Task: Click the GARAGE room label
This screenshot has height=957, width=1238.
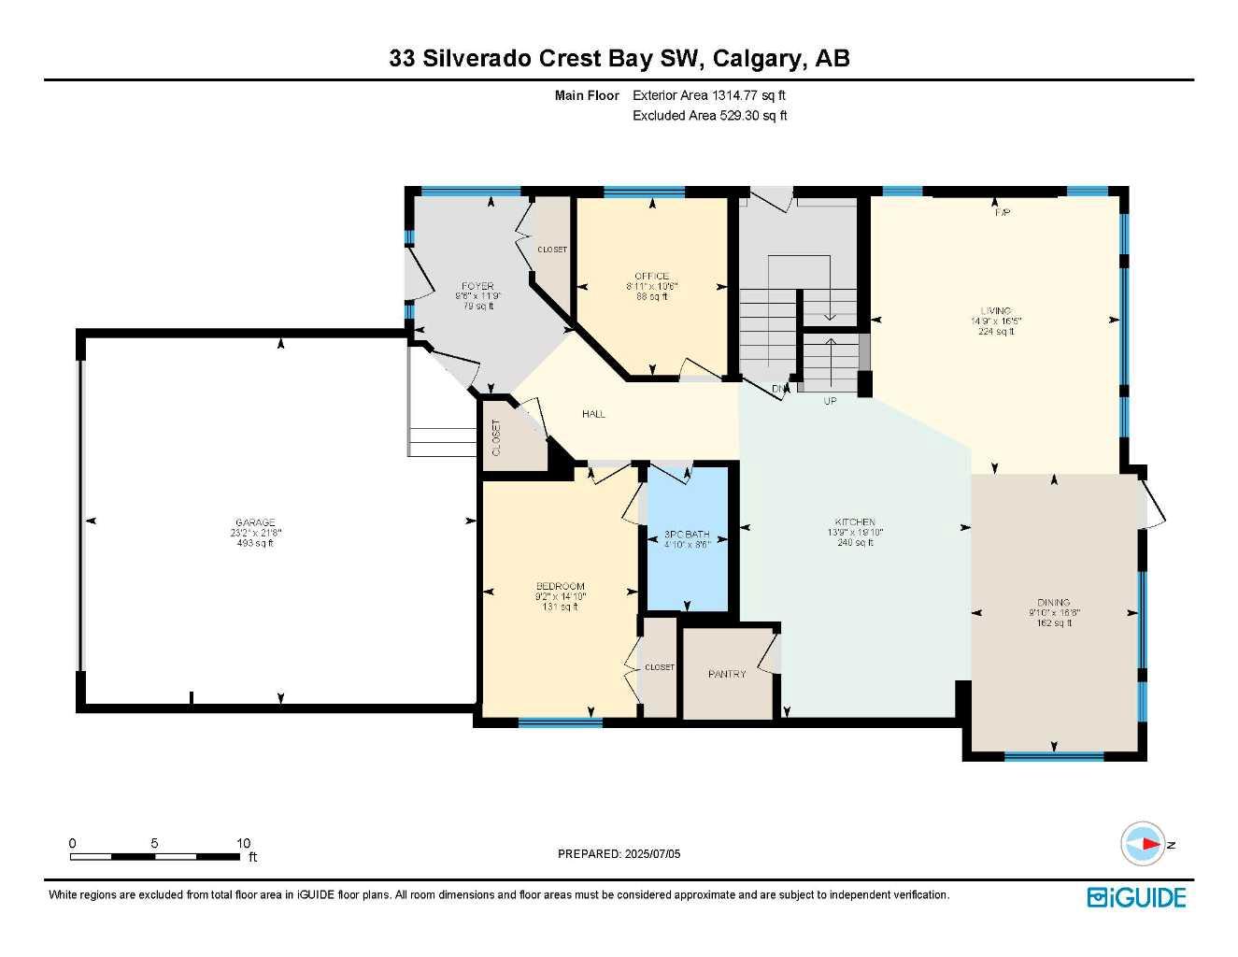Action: [x=255, y=522]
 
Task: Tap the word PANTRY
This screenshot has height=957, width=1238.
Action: [x=727, y=674]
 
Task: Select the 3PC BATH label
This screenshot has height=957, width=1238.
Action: [x=687, y=535]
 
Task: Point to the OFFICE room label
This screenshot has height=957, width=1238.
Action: [x=651, y=277]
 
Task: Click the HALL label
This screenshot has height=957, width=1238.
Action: [x=593, y=414]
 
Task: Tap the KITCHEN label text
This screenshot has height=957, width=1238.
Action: [x=855, y=522]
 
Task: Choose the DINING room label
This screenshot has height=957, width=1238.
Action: [x=1053, y=603]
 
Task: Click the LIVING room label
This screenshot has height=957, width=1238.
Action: [x=995, y=311]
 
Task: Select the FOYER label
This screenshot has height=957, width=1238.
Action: [x=477, y=287]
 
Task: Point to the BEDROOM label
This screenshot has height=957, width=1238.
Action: [x=561, y=587]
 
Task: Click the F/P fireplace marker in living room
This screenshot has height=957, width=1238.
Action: [x=1003, y=213]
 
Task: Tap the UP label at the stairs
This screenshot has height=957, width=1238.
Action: [x=830, y=401]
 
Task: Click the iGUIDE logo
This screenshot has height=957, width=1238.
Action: [x=1136, y=898]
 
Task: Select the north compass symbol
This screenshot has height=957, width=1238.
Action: [x=1143, y=844]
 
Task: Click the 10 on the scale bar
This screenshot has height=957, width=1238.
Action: [x=243, y=843]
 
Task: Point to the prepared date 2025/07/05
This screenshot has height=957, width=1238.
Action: [x=619, y=853]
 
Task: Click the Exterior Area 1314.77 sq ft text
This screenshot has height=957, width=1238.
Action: [x=708, y=95]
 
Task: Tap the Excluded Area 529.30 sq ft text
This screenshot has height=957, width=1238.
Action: [x=709, y=116]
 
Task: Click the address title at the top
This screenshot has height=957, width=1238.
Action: [x=619, y=58]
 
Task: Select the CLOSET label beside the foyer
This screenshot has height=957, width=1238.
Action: [x=552, y=250]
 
